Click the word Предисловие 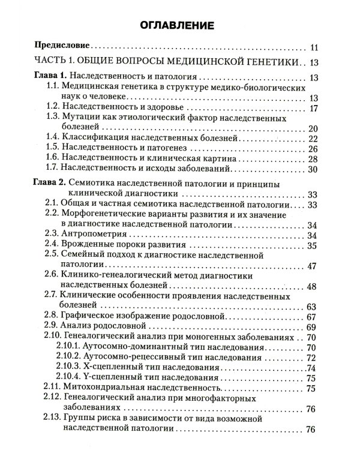(63, 46)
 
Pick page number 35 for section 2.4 (311, 245)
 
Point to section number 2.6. (52, 274)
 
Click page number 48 (311, 286)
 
